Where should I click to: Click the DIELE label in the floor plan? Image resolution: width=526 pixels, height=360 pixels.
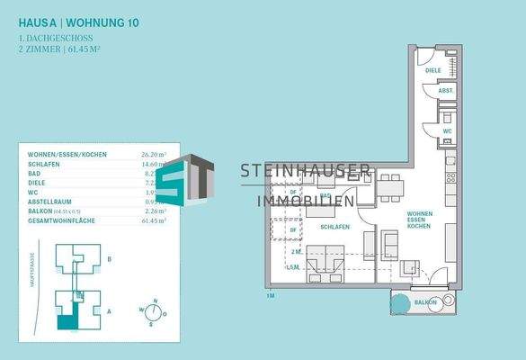coord(433,69)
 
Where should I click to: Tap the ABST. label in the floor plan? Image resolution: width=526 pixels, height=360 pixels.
coord(444,91)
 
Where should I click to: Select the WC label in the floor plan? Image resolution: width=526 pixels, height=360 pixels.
coord(447,131)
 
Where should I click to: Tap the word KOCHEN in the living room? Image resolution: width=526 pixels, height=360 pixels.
coord(419,228)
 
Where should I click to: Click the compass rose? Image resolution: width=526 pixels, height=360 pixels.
coord(154,312)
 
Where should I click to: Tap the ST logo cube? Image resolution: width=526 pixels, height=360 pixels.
coord(196,178)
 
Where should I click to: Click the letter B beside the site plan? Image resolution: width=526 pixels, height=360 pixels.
coord(109,258)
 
